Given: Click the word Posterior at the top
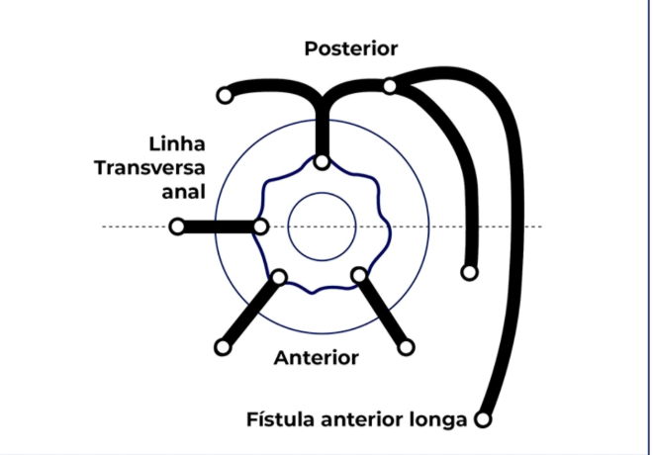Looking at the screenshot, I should point(350,48).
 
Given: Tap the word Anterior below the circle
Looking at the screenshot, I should point(317,357).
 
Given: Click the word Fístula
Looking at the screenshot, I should point(280,419).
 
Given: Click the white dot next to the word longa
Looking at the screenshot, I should point(483,419).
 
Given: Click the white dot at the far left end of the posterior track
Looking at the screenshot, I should point(225,96).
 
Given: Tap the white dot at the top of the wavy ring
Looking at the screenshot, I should point(321,162).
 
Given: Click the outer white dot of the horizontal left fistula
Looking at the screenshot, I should point(177,227).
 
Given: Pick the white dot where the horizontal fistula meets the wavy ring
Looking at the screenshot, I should point(260,227).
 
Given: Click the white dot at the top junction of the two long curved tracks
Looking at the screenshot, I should point(391,86).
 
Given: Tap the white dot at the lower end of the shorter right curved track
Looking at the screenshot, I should point(469,272).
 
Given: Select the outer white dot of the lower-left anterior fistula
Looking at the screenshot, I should point(222,347).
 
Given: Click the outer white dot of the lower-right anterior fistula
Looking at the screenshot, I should point(407,347).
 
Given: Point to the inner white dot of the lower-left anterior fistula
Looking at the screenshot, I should point(280,277).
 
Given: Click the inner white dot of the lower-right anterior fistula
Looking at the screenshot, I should point(360,274).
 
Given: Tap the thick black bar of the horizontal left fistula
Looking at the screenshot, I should point(219,227).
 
